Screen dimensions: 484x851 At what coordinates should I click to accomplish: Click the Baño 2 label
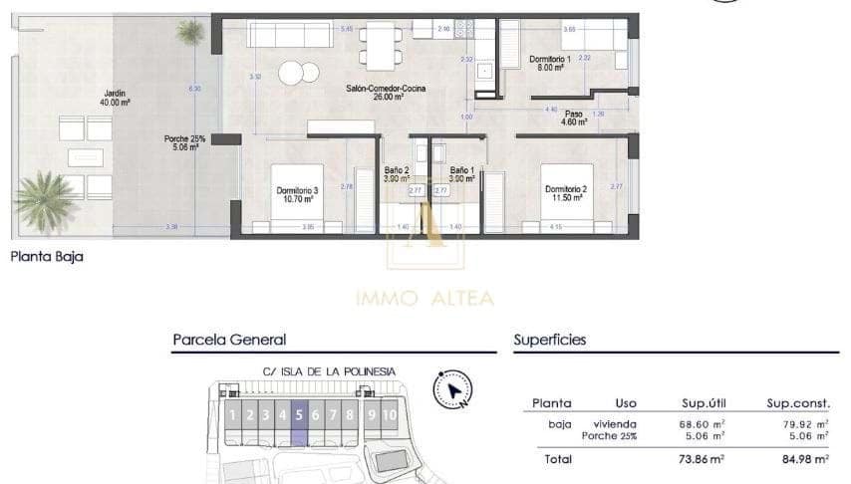coord(397,174)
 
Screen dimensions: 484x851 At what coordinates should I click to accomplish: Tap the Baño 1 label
coord(461,174)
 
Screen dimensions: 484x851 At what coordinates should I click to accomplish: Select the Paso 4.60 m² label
coord(574,118)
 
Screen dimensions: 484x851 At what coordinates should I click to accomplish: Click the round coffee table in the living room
coord(292,73)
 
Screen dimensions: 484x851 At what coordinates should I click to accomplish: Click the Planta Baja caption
coord(47,256)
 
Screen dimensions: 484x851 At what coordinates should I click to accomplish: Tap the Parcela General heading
coord(229,340)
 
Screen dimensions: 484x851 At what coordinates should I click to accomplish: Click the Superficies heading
coord(549,340)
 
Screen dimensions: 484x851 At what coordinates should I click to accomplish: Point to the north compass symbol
coord(452,389)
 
